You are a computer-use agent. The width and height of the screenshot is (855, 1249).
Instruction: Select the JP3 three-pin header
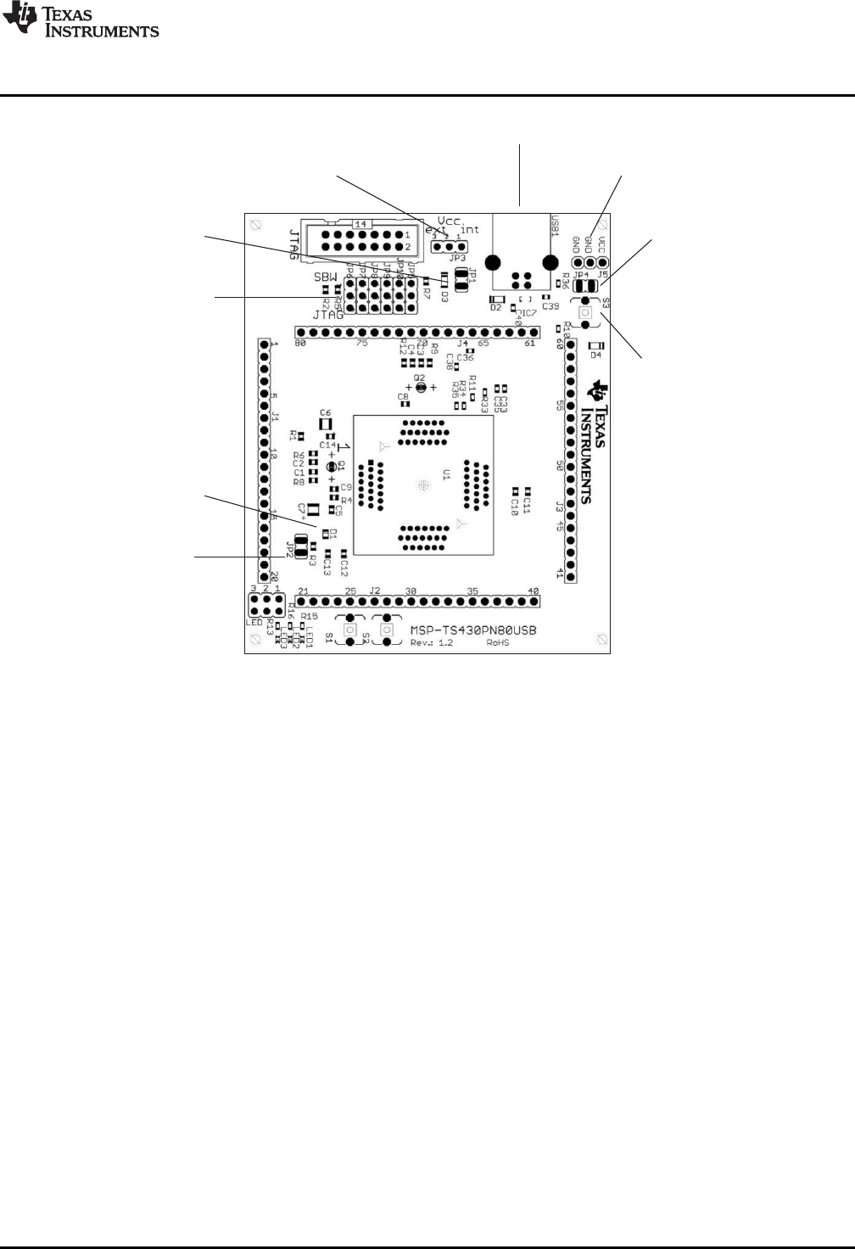[x=447, y=247]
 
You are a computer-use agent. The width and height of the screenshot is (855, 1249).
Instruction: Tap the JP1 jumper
[x=462, y=278]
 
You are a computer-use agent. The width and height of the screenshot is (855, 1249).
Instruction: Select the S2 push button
[x=387, y=630]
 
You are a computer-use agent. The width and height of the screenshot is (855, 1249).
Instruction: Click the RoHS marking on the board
[x=497, y=643]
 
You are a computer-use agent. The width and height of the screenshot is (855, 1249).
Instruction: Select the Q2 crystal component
[x=420, y=387]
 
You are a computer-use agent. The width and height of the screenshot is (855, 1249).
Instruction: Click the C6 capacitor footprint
[x=325, y=423]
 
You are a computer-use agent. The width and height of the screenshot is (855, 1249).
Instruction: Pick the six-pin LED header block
[x=265, y=605]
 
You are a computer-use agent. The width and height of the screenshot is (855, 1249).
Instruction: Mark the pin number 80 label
[x=299, y=344]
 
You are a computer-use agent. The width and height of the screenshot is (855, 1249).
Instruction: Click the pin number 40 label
[x=533, y=591]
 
